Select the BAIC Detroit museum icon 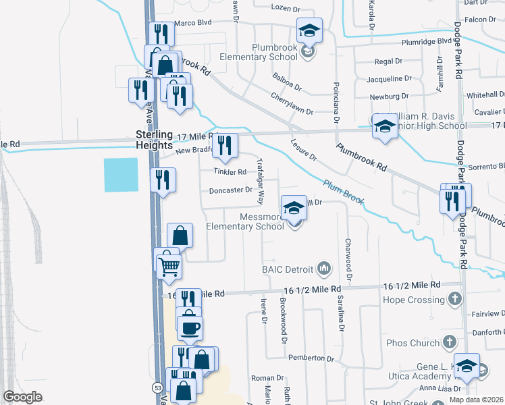(324, 269)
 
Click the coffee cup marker (190, 327)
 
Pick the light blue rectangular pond (121, 174)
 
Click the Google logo (23, 397)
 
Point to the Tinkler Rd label (230, 171)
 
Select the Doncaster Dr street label (230, 190)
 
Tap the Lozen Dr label (285, 8)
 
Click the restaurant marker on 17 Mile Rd (226, 144)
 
